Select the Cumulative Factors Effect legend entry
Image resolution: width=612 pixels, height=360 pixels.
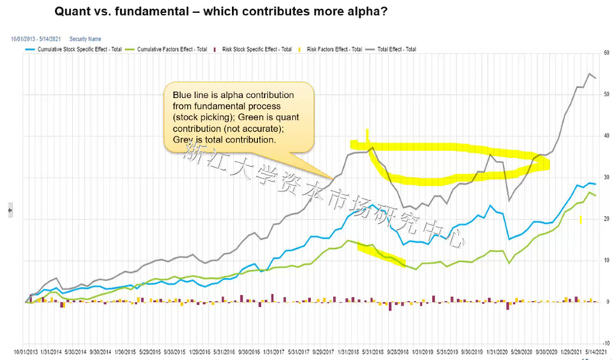[173, 48]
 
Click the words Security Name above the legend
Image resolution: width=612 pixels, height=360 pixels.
[85, 37]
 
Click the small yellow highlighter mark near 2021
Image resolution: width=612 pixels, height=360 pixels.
[581, 220]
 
